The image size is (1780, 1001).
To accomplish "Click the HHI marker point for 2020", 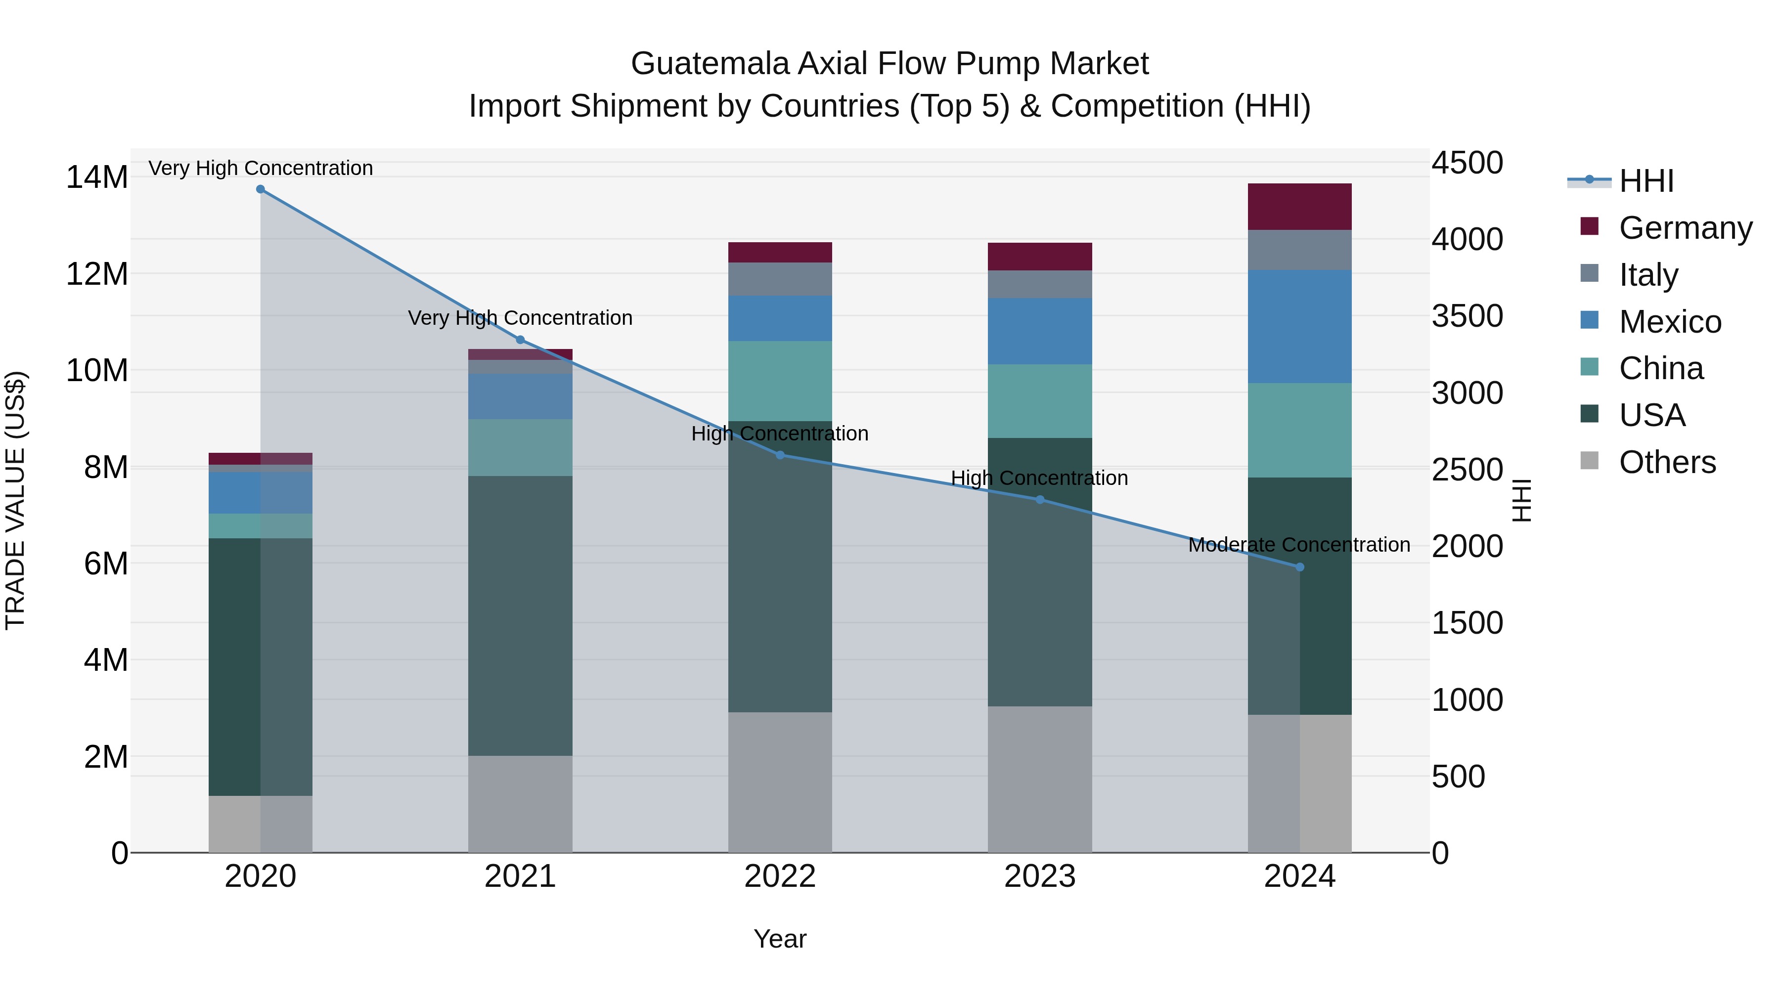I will coord(261,189).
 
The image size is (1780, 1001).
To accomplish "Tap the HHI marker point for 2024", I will coord(1300,567).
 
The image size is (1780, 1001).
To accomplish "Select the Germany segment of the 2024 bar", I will coord(1300,207).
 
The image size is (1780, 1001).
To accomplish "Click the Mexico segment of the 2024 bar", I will coord(1300,327).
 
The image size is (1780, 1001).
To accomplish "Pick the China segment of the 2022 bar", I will coord(780,381).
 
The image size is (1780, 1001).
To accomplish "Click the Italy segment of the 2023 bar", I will coord(1040,284).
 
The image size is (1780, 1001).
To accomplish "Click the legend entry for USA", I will coord(1651,415).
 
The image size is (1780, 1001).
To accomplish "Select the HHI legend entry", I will coord(1646,181).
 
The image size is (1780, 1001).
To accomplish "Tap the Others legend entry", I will coord(1667,462).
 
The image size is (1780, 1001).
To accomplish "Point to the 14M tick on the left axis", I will coord(97,177).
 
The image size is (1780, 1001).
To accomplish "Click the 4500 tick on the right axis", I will coord(1467,163).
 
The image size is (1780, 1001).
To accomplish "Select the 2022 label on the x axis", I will coord(780,876).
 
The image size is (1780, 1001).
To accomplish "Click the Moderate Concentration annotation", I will coord(1299,545).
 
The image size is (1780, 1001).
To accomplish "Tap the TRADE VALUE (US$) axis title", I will coord(15,500).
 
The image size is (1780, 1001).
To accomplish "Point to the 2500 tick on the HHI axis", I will coord(1467,470).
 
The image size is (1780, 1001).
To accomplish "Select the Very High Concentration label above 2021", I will coord(520,318).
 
